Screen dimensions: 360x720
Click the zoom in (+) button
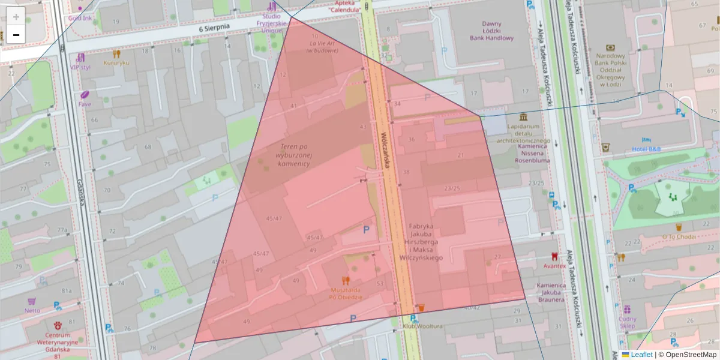point(16,17)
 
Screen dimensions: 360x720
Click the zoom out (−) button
point(16,35)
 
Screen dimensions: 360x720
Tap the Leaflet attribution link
point(641,355)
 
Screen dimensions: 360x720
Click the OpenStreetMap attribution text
point(691,355)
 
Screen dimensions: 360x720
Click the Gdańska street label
point(81,195)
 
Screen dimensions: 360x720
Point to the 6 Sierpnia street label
point(215,28)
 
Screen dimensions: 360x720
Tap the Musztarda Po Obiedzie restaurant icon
point(345,280)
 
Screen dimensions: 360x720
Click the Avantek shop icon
point(554,256)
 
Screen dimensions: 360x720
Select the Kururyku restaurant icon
point(116,53)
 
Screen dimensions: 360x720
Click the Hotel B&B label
point(646,149)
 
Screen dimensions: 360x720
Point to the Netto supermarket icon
point(32,301)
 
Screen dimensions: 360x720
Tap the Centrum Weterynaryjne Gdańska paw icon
point(57,325)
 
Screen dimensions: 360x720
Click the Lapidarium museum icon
point(523,116)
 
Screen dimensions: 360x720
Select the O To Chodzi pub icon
point(679,227)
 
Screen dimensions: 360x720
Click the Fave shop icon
point(85,94)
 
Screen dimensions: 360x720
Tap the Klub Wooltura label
point(422,326)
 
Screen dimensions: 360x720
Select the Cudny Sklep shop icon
point(627,309)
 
